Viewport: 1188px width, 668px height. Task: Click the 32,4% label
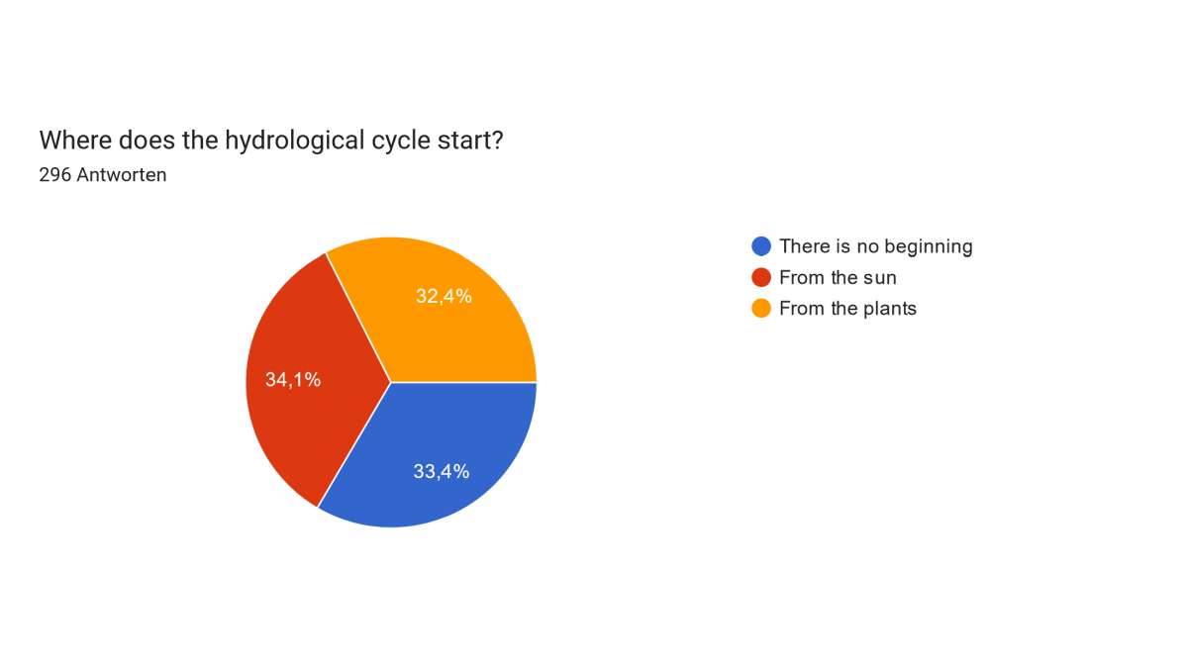tap(444, 296)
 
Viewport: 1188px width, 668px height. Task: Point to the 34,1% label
tap(293, 379)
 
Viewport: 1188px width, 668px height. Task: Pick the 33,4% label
tap(442, 471)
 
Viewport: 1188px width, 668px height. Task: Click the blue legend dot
tap(761, 246)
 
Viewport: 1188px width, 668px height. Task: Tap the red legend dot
tap(761, 277)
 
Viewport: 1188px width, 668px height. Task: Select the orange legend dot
tap(761, 308)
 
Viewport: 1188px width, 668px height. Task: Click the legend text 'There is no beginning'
tap(875, 246)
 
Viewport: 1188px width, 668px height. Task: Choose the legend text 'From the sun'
tap(838, 277)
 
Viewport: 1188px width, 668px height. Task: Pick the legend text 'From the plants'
tap(847, 309)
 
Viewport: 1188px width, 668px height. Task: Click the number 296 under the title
tap(55, 174)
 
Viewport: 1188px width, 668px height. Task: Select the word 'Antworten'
tap(122, 174)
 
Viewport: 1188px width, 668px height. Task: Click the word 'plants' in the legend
tap(890, 309)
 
